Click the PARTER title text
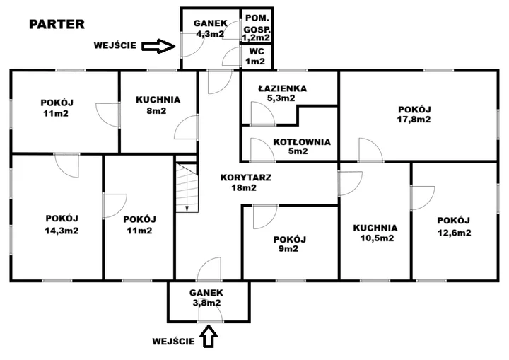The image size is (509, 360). pyautogui.click(x=57, y=24)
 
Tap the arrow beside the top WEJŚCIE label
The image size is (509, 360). pyautogui.click(x=158, y=46)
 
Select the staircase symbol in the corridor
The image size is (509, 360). pyautogui.click(x=187, y=185)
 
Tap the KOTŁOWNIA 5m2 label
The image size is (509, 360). pyautogui.click(x=301, y=146)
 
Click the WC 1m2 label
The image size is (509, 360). pyautogui.click(x=255, y=56)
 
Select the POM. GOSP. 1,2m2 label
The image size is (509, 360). pyautogui.click(x=255, y=26)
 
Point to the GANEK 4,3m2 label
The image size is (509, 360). pyautogui.click(x=209, y=28)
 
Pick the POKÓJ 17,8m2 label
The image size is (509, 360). pyautogui.click(x=414, y=114)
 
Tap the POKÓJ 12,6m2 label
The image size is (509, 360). pyautogui.click(x=453, y=226)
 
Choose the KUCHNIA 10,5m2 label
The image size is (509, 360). pyautogui.click(x=375, y=233)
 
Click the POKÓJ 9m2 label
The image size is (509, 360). pyautogui.click(x=288, y=243)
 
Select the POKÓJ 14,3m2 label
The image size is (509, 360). pyautogui.click(x=62, y=223)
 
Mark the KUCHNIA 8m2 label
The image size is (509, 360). pyautogui.click(x=158, y=105)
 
